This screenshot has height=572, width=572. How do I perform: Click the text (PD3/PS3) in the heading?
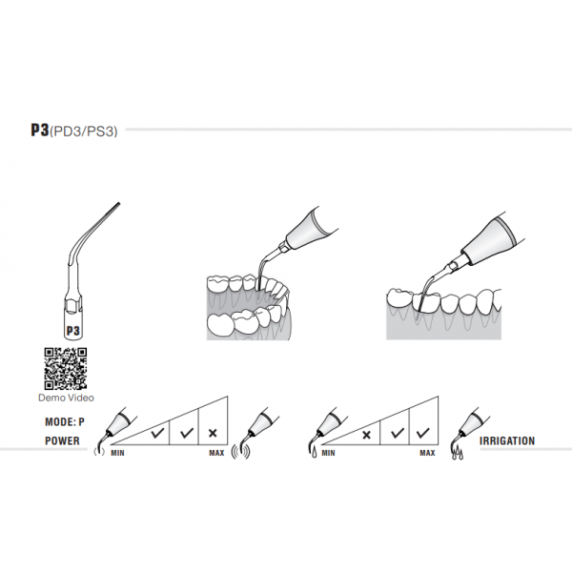87,132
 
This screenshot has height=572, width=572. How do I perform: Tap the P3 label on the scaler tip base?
72,330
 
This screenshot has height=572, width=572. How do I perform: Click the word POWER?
63,441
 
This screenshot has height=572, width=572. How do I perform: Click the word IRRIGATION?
507,441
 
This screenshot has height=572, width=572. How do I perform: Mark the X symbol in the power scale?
212,433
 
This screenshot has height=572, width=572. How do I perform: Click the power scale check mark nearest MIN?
152,433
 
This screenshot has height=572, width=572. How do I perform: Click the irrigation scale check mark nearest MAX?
419,433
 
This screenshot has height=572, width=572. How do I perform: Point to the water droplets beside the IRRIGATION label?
458,457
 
